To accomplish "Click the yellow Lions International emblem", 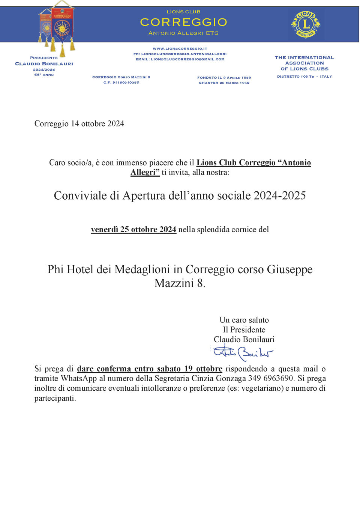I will [x=306, y=24].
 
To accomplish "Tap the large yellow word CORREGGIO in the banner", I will [x=183, y=22].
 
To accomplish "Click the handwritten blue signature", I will [x=243, y=353].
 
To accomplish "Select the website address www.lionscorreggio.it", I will [x=180, y=49].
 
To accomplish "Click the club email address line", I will [x=180, y=59].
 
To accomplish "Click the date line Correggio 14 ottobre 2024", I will [x=79, y=123].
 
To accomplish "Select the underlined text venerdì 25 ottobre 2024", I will [x=133, y=229].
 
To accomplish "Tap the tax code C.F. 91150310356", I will [x=121, y=83].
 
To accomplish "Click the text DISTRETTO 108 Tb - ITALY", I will [x=304, y=77].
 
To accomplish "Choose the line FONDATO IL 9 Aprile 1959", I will [x=224, y=78].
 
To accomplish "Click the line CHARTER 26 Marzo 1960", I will [x=224, y=83].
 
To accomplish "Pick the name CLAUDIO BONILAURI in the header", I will [x=44, y=64].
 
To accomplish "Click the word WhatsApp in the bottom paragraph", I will [x=79, y=378].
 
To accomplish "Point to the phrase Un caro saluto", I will [x=244, y=320].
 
